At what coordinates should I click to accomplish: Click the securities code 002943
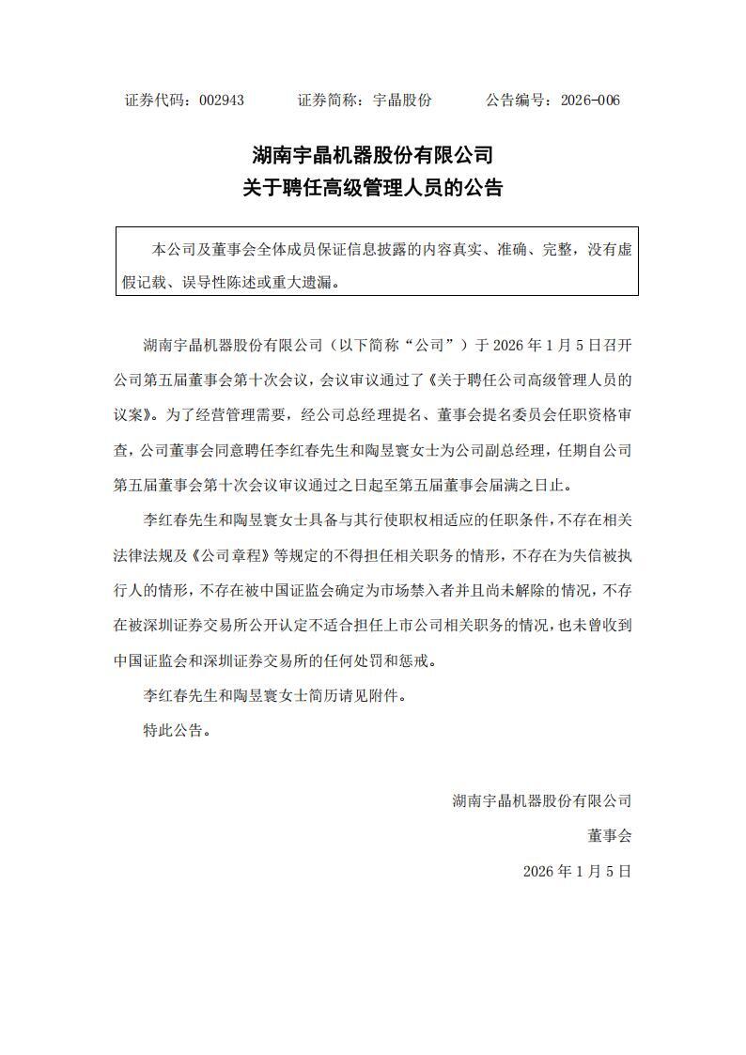pyautogui.click(x=222, y=101)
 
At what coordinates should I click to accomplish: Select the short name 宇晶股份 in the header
pyautogui.click(x=402, y=101)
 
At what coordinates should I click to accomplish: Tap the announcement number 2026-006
pyautogui.click(x=590, y=101)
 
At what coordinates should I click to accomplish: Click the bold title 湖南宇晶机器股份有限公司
pyautogui.click(x=373, y=154)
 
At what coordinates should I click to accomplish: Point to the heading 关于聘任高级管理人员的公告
pyautogui.click(x=373, y=188)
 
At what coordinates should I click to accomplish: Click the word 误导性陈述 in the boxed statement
pyautogui.click(x=238, y=281)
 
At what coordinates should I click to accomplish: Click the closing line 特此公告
pyautogui.click(x=173, y=730)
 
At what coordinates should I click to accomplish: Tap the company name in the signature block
pyautogui.click(x=541, y=800)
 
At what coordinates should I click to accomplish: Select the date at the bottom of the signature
pyautogui.click(x=577, y=871)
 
